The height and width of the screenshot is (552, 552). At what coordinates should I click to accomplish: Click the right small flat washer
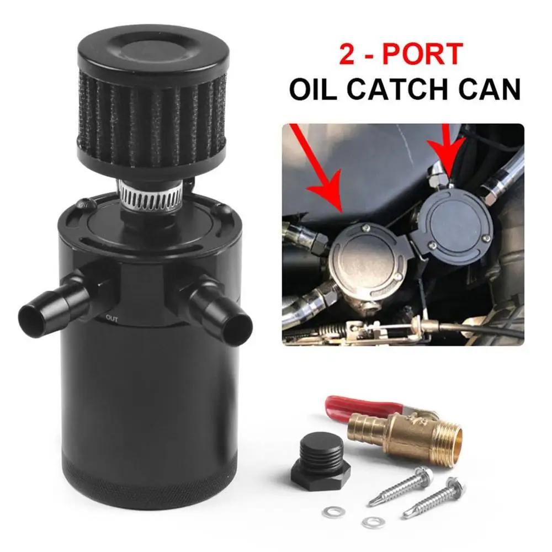pos(373,522)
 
